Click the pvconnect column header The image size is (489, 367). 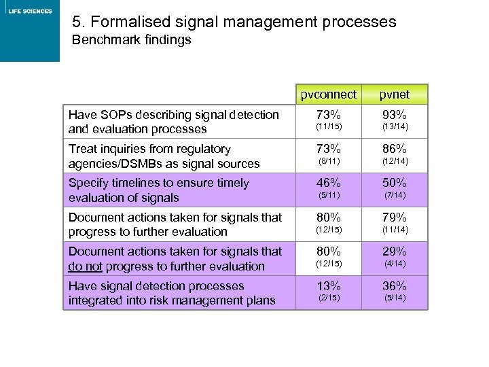coord(329,94)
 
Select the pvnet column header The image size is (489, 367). coord(395,94)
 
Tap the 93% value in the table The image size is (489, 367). coord(395,114)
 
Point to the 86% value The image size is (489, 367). coord(395,148)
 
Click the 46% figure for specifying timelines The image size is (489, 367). coord(329,183)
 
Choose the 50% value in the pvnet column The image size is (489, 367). coord(395,183)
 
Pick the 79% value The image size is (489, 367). coord(395,217)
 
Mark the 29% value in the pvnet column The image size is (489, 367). coord(395,251)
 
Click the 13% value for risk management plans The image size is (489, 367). coord(329,285)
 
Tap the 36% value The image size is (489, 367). coord(395,285)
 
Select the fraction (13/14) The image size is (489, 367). coord(395,127)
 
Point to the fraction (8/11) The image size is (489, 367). coord(329,161)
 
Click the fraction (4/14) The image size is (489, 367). coord(395,264)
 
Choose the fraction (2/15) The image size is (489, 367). coord(329,298)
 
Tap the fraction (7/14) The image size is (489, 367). coord(395,196)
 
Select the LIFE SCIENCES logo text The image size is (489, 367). coord(30,11)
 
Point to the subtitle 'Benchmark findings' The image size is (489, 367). coord(132,40)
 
